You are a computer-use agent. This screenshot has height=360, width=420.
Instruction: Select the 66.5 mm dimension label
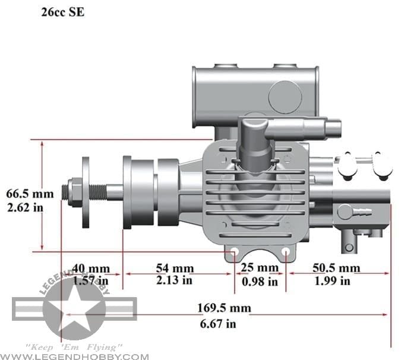point(30,194)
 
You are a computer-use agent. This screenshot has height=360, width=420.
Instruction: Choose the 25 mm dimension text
point(259,268)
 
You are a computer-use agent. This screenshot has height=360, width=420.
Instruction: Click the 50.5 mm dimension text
point(336,268)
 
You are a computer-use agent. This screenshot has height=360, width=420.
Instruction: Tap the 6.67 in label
point(216,323)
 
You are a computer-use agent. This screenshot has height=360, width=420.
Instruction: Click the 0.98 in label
point(259,282)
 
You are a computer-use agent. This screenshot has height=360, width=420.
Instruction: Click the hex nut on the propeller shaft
point(75,192)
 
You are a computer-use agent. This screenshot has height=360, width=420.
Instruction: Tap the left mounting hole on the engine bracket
point(234,251)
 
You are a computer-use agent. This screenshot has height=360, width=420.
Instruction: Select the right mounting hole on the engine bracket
point(286,251)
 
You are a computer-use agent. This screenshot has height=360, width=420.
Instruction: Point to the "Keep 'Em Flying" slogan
point(74,346)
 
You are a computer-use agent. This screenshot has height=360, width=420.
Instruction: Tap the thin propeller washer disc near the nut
point(86,192)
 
